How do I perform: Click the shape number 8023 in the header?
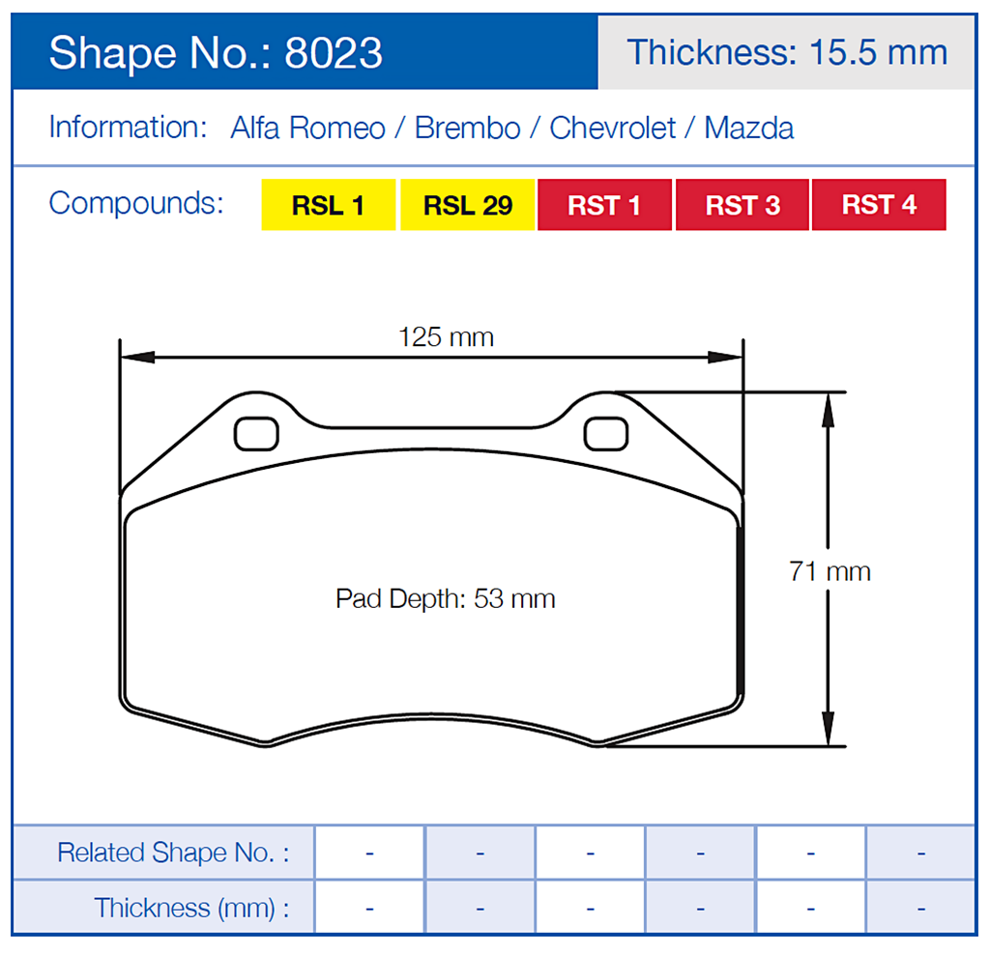tap(334, 53)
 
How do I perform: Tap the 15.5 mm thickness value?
tap(872, 52)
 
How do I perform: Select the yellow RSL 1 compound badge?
tap(329, 205)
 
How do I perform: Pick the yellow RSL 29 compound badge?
tap(468, 205)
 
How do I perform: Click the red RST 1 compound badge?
tap(604, 205)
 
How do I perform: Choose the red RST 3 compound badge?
tap(742, 205)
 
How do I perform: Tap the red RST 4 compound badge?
tap(879, 205)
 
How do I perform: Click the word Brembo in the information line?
tap(467, 129)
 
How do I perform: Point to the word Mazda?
tap(749, 129)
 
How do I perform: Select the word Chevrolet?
tap(613, 129)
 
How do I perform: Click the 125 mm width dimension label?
tap(446, 337)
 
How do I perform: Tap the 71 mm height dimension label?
tap(830, 571)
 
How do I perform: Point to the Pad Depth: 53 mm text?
tap(446, 598)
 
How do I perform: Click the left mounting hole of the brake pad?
tap(256, 433)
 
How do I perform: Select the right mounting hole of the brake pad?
tap(606, 433)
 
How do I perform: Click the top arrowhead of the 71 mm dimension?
tap(828, 406)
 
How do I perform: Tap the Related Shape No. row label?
tap(173, 853)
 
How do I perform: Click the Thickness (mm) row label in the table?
tap(191, 908)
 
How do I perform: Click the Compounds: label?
tap(136, 204)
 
